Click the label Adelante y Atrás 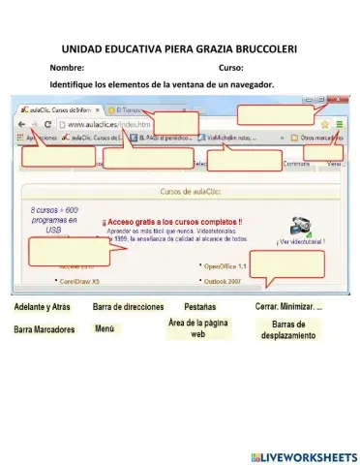click(x=42, y=307)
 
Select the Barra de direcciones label click(x=129, y=307)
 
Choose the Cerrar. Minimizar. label click(x=288, y=307)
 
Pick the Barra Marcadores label click(x=45, y=329)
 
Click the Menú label click(x=105, y=329)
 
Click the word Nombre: click(x=67, y=68)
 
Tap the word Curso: click(x=230, y=68)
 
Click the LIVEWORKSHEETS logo click(x=303, y=456)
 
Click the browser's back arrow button click(x=20, y=125)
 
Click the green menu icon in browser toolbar click(x=340, y=125)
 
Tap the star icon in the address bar click(x=326, y=125)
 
